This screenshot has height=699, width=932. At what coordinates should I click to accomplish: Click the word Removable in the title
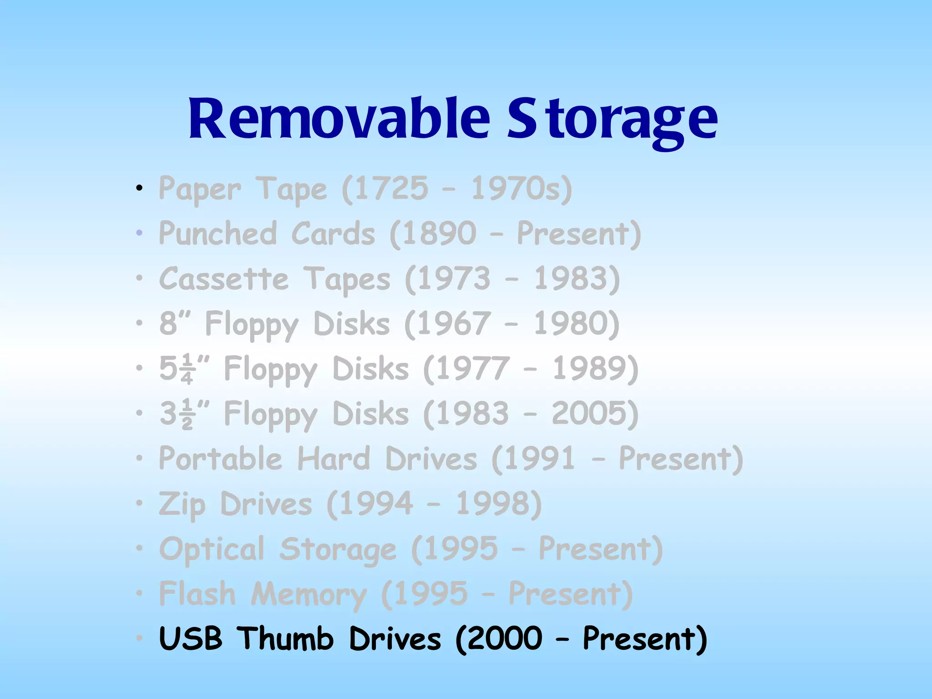[339, 119]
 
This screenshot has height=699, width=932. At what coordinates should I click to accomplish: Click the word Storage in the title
[612, 119]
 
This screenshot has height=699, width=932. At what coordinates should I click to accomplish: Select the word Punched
[218, 233]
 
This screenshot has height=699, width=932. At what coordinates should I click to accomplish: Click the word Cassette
[224, 279]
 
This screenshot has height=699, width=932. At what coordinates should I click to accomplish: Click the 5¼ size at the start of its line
[176, 369]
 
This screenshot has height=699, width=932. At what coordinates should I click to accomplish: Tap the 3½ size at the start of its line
[176, 414]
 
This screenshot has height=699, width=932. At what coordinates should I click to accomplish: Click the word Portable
[220, 459]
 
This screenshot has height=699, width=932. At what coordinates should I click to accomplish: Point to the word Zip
[182, 504]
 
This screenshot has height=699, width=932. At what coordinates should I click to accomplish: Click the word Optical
[212, 549]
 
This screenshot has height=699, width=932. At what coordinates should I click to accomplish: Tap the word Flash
[197, 594]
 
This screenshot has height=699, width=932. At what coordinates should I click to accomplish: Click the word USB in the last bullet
[191, 638]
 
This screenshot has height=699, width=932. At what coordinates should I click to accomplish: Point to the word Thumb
[286, 638]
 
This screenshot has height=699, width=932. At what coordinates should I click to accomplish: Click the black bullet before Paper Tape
[140, 188]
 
